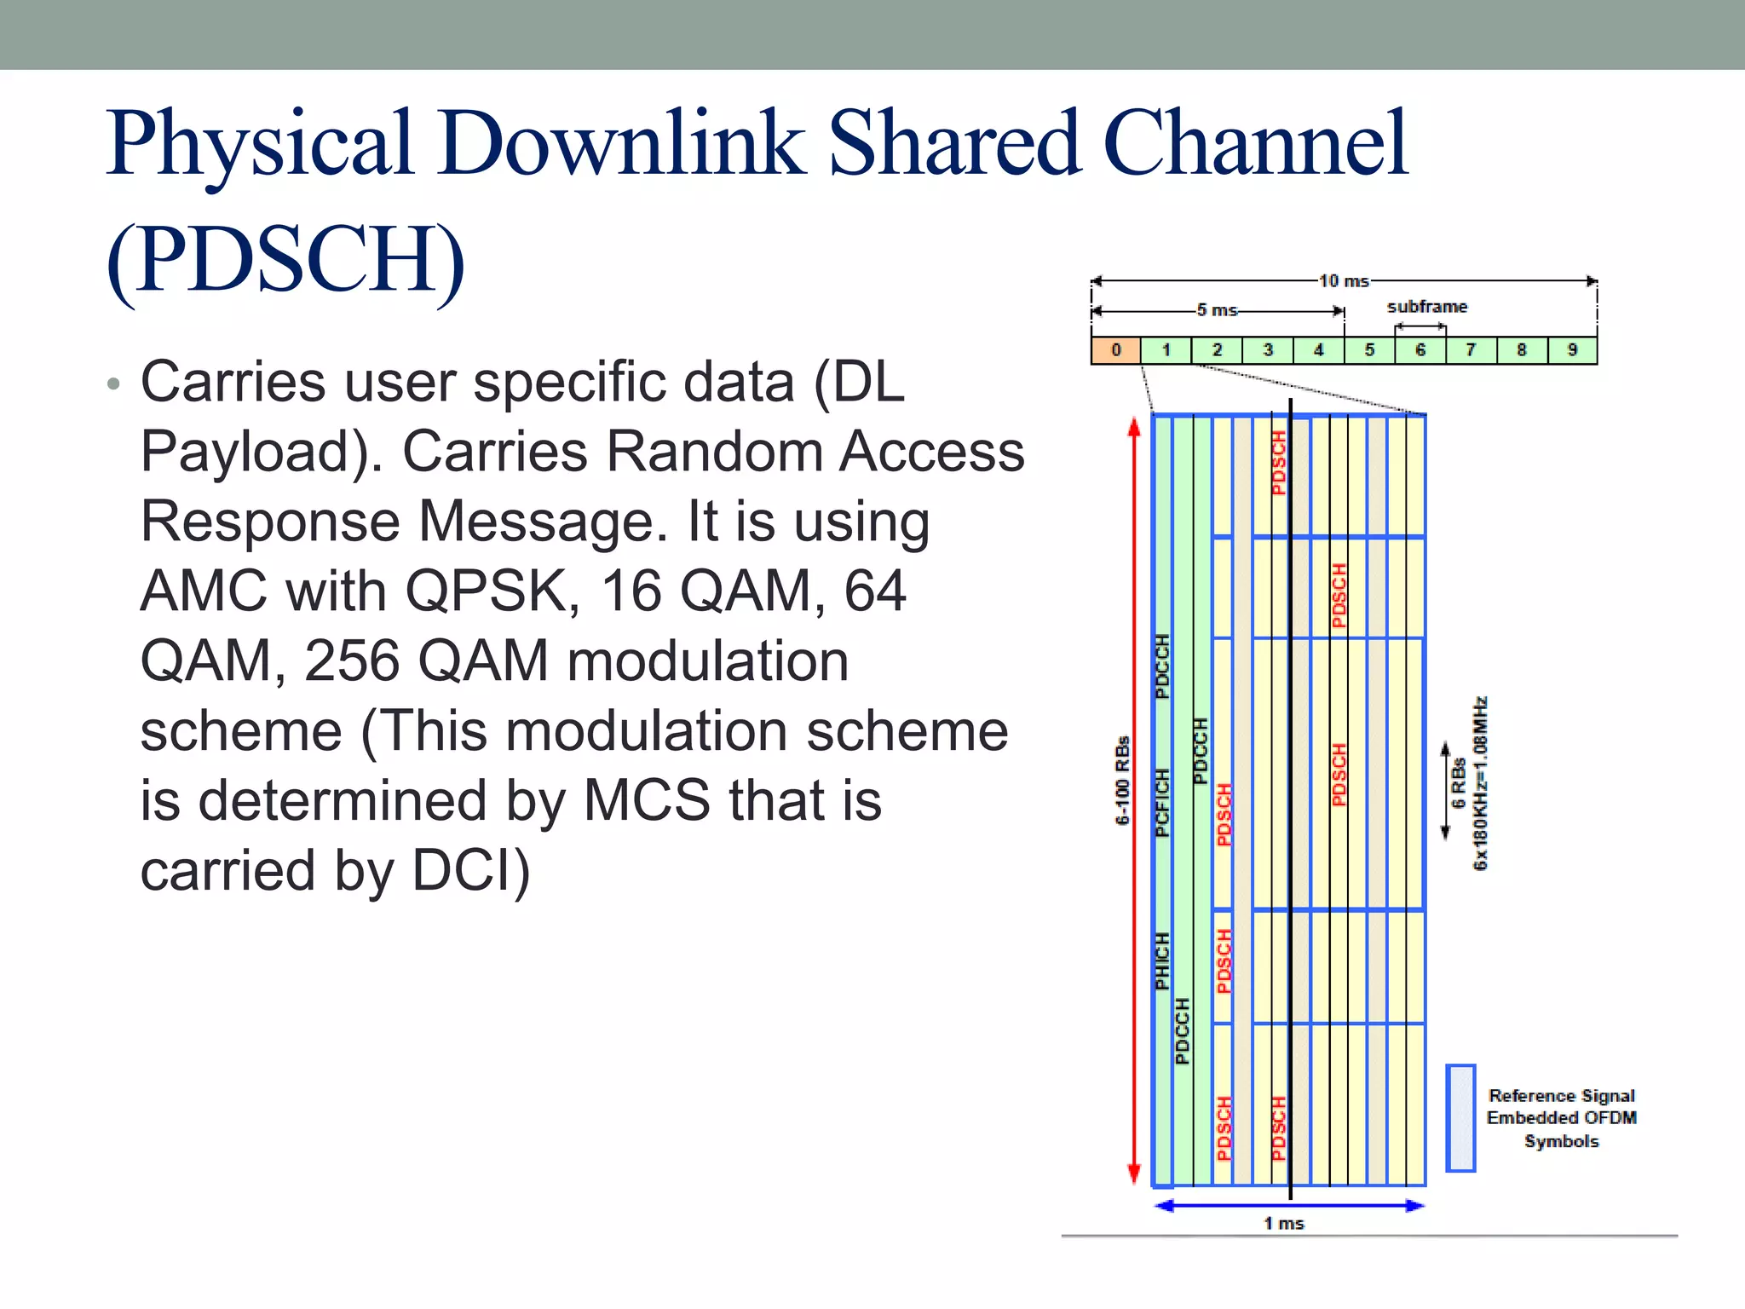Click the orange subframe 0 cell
(x=1115, y=350)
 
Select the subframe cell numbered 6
(x=1420, y=350)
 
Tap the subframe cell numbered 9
(x=1572, y=350)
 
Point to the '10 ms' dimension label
(x=1344, y=281)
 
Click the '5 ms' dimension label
(x=1217, y=310)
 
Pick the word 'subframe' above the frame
(x=1426, y=307)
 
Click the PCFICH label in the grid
(x=1162, y=802)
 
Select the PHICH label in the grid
(x=1162, y=960)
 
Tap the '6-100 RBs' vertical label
(x=1123, y=781)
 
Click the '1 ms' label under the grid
(x=1283, y=1224)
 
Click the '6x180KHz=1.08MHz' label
(x=1481, y=783)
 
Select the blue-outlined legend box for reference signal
(x=1460, y=1118)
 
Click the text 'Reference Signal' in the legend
(x=1561, y=1096)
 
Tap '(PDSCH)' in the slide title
(x=286, y=259)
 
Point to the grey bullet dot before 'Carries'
(x=114, y=384)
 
